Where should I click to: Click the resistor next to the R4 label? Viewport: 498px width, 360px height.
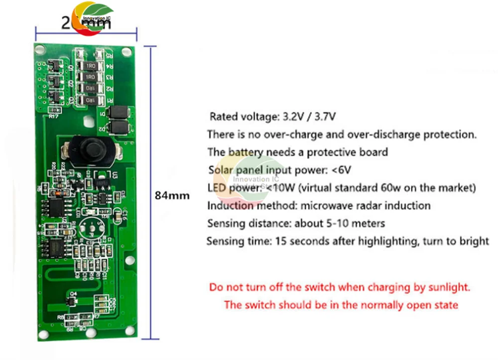(91, 66)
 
